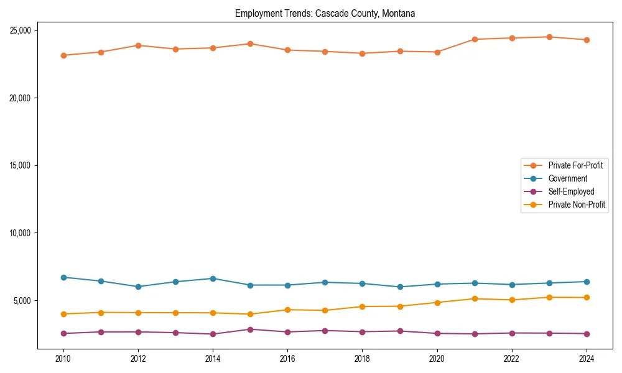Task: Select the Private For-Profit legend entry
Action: (x=575, y=165)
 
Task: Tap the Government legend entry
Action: (x=567, y=178)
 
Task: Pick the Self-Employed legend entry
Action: (x=571, y=191)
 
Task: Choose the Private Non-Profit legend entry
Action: (x=577, y=205)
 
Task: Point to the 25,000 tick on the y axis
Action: (x=22, y=30)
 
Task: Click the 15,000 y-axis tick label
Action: (x=22, y=165)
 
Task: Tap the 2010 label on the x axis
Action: (x=63, y=358)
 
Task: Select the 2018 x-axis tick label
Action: (x=362, y=358)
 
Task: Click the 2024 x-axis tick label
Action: (x=587, y=358)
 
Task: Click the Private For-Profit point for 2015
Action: (x=250, y=44)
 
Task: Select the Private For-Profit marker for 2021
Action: (x=475, y=39)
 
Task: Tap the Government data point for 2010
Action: (x=63, y=277)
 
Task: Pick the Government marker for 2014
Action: (x=213, y=279)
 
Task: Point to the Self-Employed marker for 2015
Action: (x=250, y=329)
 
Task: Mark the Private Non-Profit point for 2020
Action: (x=437, y=303)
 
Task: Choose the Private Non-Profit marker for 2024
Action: (x=587, y=297)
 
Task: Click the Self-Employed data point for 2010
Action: (x=63, y=333)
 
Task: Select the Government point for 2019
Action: (x=400, y=287)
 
